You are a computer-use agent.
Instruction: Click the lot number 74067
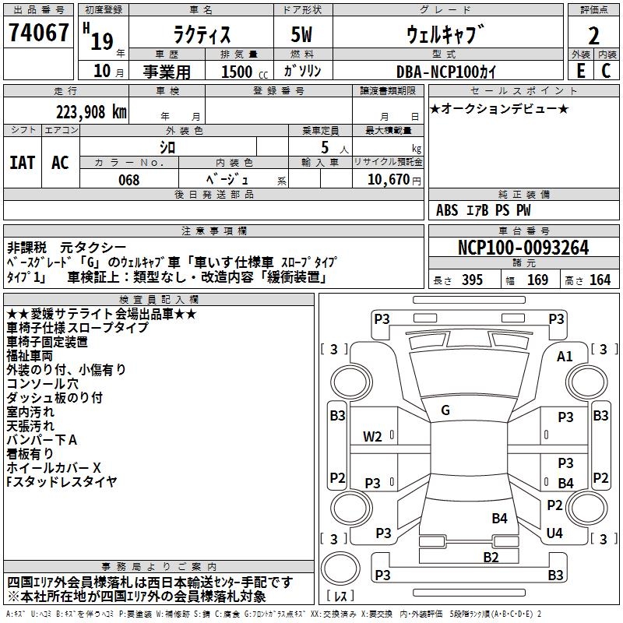pyautogui.click(x=38, y=32)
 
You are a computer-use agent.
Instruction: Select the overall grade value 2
pyautogui.click(x=593, y=36)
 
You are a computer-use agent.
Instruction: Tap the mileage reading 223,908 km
pyautogui.click(x=91, y=112)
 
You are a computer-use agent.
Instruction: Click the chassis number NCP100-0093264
pyautogui.click(x=523, y=248)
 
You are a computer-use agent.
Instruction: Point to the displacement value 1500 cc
pyautogui.click(x=245, y=72)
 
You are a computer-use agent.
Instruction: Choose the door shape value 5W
pyautogui.click(x=301, y=34)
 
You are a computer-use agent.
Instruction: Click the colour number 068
pyautogui.click(x=129, y=180)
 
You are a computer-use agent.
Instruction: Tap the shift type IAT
pyautogui.click(x=23, y=163)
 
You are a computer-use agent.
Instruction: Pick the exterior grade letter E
pyautogui.click(x=581, y=71)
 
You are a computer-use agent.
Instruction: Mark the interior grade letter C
pyautogui.click(x=606, y=71)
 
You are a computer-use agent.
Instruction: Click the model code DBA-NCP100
pyautogui.click(x=436, y=72)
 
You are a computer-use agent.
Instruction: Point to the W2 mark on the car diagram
pyautogui.click(x=372, y=437)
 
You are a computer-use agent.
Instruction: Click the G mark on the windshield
pyautogui.click(x=445, y=410)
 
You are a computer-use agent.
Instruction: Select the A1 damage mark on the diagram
pyautogui.click(x=565, y=357)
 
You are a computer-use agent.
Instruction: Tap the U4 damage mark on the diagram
pyautogui.click(x=554, y=533)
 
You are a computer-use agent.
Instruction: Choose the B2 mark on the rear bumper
pyautogui.click(x=491, y=557)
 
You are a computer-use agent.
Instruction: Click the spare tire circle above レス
pyautogui.click(x=340, y=568)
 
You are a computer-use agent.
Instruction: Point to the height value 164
pyautogui.click(x=600, y=280)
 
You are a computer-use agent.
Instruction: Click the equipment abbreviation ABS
pyautogui.click(x=447, y=210)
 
